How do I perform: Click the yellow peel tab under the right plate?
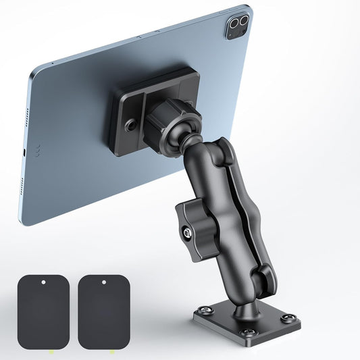(110, 351)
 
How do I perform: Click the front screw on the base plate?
(249, 332)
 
